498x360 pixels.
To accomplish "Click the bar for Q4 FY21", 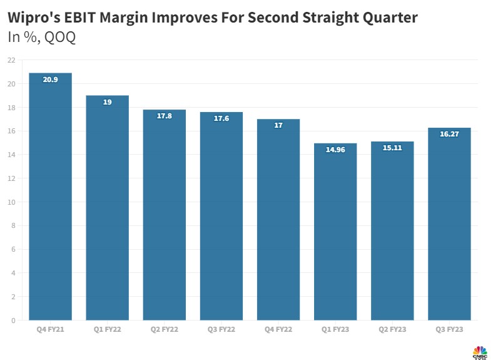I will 50,197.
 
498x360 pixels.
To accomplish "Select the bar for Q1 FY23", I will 335,232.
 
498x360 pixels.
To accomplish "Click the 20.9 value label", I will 50,80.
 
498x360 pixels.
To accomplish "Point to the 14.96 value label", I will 335,150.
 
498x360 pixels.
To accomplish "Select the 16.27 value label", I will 449,134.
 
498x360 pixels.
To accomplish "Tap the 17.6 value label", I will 221,118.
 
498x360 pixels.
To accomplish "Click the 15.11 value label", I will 392,148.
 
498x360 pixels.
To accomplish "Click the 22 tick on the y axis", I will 11,60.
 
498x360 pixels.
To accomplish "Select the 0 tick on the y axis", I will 13,321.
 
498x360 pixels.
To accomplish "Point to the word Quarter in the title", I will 387,18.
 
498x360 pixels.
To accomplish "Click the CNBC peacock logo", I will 479,351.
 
